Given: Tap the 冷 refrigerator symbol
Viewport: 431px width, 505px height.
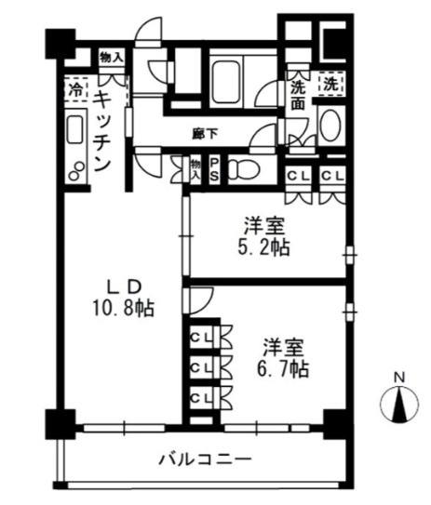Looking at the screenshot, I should [x=74, y=91].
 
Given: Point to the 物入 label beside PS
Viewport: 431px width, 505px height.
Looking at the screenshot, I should [x=196, y=168].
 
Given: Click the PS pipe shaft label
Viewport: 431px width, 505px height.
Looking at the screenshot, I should [x=213, y=168].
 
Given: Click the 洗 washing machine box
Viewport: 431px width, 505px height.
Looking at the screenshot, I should [x=331, y=84].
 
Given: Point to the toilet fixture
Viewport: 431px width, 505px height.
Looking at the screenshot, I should [x=243, y=169].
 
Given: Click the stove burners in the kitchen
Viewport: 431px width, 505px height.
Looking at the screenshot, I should [x=74, y=167].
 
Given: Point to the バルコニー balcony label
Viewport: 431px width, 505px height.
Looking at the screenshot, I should [x=204, y=458].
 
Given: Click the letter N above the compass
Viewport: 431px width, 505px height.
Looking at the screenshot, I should [x=398, y=377].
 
